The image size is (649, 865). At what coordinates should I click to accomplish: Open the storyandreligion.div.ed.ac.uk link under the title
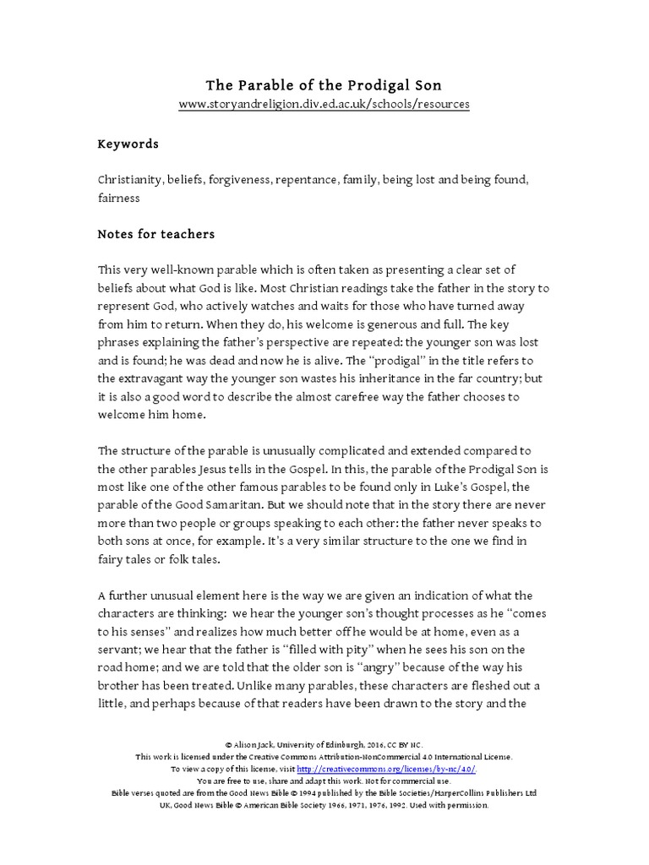click(x=324, y=104)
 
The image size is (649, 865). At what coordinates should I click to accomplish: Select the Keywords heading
click(x=128, y=144)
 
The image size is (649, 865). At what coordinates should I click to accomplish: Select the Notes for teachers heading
click(x=155, y=234)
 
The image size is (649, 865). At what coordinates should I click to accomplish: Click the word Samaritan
click(x=230, y=504)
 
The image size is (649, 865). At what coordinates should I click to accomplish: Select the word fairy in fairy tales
click(x=113, y=558)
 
